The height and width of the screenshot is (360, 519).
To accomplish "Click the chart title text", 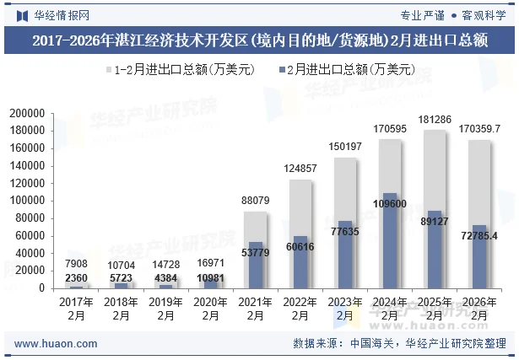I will point(259,40).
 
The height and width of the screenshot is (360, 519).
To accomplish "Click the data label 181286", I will point(435,119).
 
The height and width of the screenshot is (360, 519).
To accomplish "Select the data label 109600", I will point(390,204).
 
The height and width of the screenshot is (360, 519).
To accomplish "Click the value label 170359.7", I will point(479,129).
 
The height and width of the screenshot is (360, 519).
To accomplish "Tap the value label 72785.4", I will point(479,235).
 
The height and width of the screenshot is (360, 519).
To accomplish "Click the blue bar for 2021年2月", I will point(256,266).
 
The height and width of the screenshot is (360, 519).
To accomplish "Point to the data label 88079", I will point(256,200).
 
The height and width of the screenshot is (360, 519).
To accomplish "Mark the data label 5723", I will point(122,277).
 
